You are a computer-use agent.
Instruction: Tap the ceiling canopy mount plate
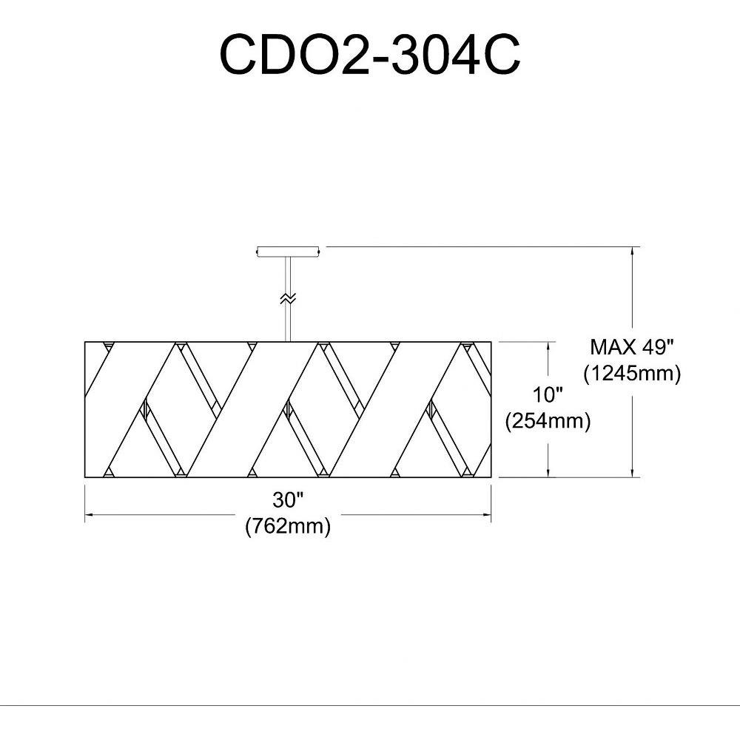point(287,252)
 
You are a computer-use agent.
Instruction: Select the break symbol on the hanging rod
point(287,299)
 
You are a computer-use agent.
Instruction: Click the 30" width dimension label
point(288,500)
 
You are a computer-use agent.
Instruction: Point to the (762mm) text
point(288,527)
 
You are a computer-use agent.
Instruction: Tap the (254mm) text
point(548,421)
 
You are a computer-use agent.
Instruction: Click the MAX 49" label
point(632,346)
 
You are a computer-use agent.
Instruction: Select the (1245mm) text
point(632,374)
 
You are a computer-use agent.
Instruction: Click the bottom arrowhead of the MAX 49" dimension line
point(633,473)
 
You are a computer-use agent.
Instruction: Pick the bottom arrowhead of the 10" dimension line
point(548,473)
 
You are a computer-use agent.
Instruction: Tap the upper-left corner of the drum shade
point(86,342)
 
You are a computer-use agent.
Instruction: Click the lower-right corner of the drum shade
point(492,477)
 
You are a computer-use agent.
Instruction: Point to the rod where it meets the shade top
point(287,340)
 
